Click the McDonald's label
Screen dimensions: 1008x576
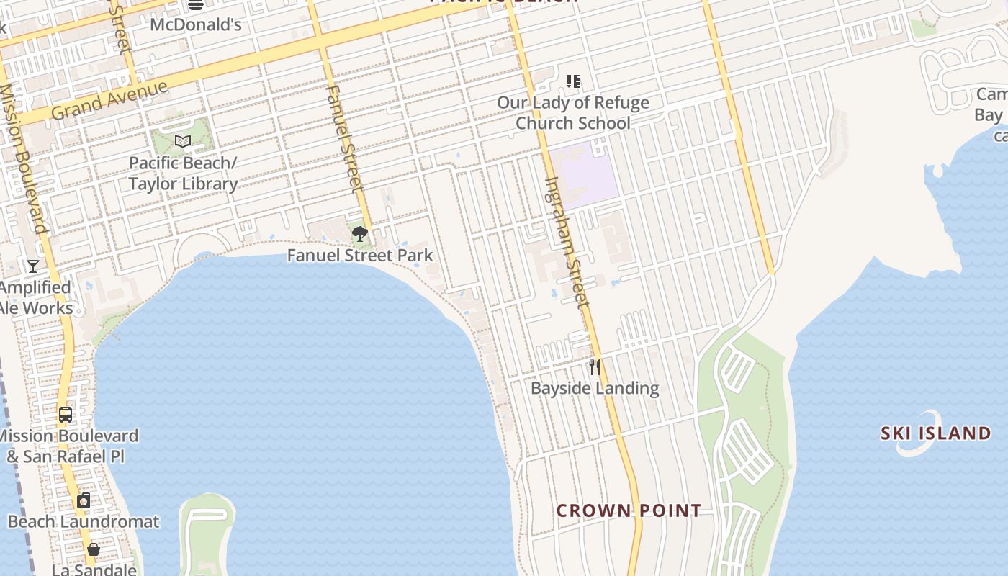pos(195,24)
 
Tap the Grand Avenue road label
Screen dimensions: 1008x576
pos(110,100)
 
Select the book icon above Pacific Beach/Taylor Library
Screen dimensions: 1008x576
pos(183,142)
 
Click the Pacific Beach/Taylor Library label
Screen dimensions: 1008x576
pos(183,174)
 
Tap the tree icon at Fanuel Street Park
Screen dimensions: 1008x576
pos(360,234)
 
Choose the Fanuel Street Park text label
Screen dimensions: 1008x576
pos(360,256)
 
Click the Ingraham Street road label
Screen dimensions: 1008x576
pos(567,242)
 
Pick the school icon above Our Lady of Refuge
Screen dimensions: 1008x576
pos(573,81)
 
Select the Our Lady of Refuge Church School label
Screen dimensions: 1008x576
pos(573,113)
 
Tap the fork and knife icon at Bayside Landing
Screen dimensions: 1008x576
pos(594,367)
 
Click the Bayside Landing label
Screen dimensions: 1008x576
pos(595,389)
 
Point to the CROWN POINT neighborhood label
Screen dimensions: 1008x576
pos(629,511)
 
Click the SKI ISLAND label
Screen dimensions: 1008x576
pos(936,433)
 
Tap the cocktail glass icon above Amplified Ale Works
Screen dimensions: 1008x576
pos(33,266)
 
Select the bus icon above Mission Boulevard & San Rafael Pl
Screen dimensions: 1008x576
pos(66,415)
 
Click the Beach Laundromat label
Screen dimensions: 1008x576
pos(84,521)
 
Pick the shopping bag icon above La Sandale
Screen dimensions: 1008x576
pos(93,550)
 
